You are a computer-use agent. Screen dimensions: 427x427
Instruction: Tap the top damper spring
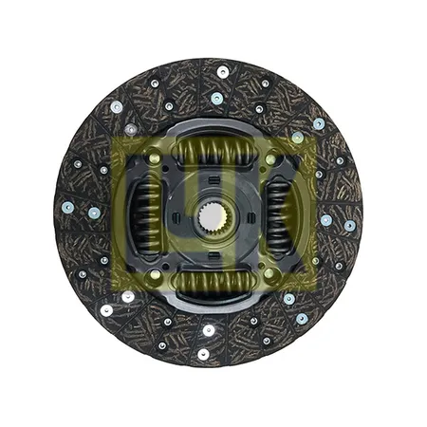point(213,150)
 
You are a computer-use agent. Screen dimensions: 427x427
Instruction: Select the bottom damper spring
point(213,282)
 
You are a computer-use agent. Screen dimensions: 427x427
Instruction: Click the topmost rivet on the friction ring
point(223,71)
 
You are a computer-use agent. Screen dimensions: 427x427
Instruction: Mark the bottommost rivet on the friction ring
point(203,354)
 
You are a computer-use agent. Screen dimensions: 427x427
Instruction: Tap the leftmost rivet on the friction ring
point(68,208)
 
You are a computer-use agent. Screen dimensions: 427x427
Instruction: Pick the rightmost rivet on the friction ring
point(350,226)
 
